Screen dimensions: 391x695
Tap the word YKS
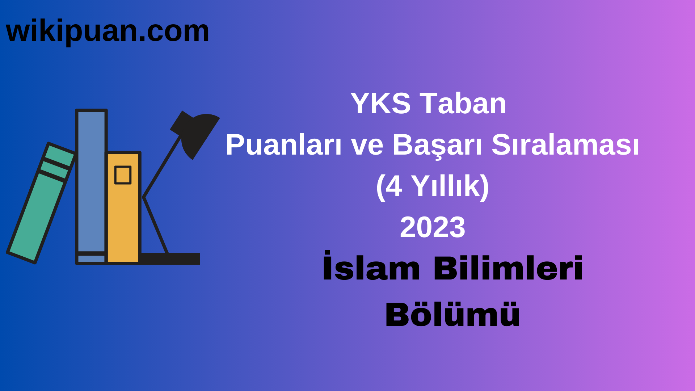(x=380, y=104)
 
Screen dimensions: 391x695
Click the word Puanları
(x=283, y=145)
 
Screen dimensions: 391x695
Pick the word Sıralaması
(x=565, y=145)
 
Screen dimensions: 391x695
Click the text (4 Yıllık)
(x=432, y=186)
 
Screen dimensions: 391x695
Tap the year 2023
(x=432, y=227)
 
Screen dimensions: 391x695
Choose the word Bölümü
(x=452, y=314)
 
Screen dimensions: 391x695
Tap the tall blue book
(x=91, y=181)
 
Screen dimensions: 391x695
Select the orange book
(x=123, y=217)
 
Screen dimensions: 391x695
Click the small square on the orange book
(x=123, y=175)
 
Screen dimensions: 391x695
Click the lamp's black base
(x=170, y=258)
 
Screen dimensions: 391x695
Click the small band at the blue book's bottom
(x=91, y=258)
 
